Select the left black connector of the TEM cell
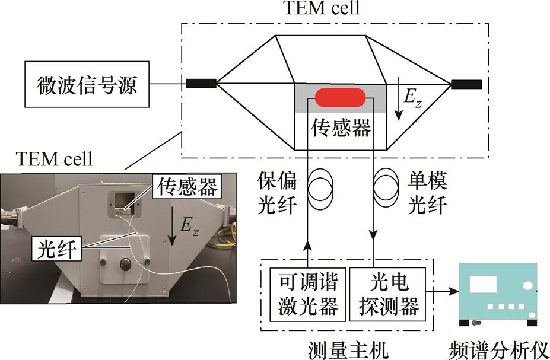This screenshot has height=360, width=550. pos(201,84)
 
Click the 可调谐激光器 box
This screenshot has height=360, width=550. pos(304,291)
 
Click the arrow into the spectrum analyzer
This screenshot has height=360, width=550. pos(448,291)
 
